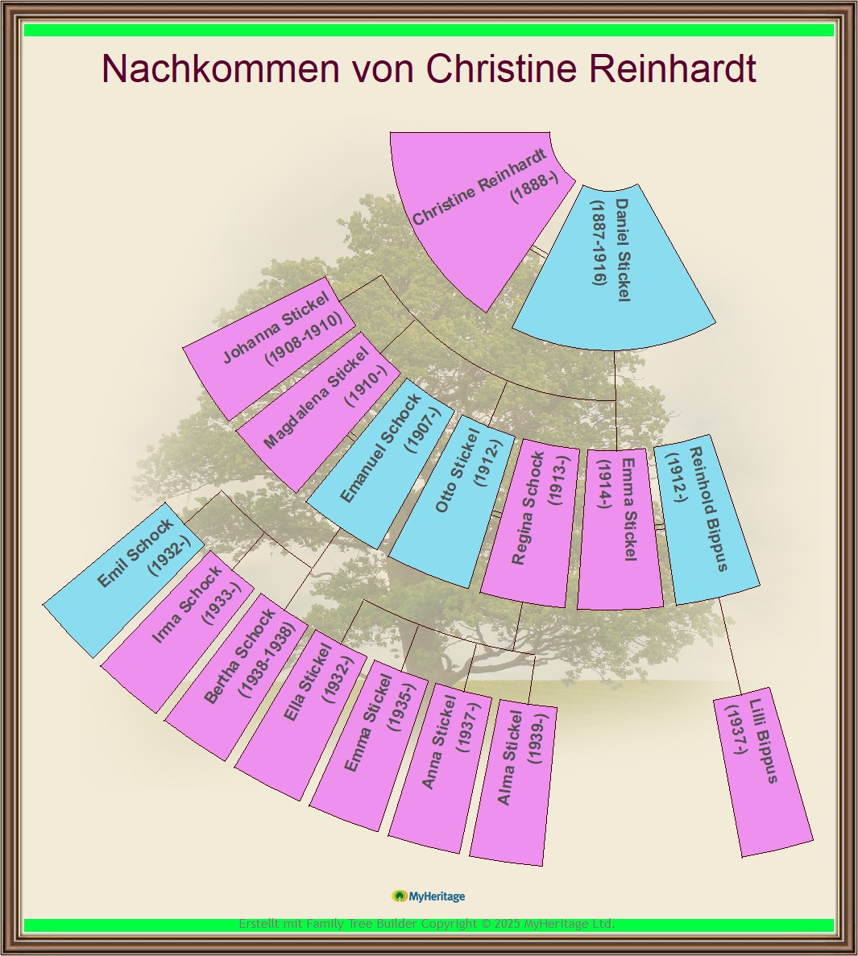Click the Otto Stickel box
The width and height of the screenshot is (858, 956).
[452, 501]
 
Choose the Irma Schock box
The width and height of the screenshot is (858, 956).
[178, 631]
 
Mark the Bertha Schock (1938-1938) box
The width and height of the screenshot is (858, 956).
[237, 677]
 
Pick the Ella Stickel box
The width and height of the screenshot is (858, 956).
[301, 714]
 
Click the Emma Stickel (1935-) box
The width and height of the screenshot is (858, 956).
[370, 745]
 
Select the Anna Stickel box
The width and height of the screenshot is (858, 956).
[441, 768]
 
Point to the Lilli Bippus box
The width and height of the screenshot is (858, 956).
[763, 772]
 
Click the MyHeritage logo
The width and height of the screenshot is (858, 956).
[428, 896]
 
